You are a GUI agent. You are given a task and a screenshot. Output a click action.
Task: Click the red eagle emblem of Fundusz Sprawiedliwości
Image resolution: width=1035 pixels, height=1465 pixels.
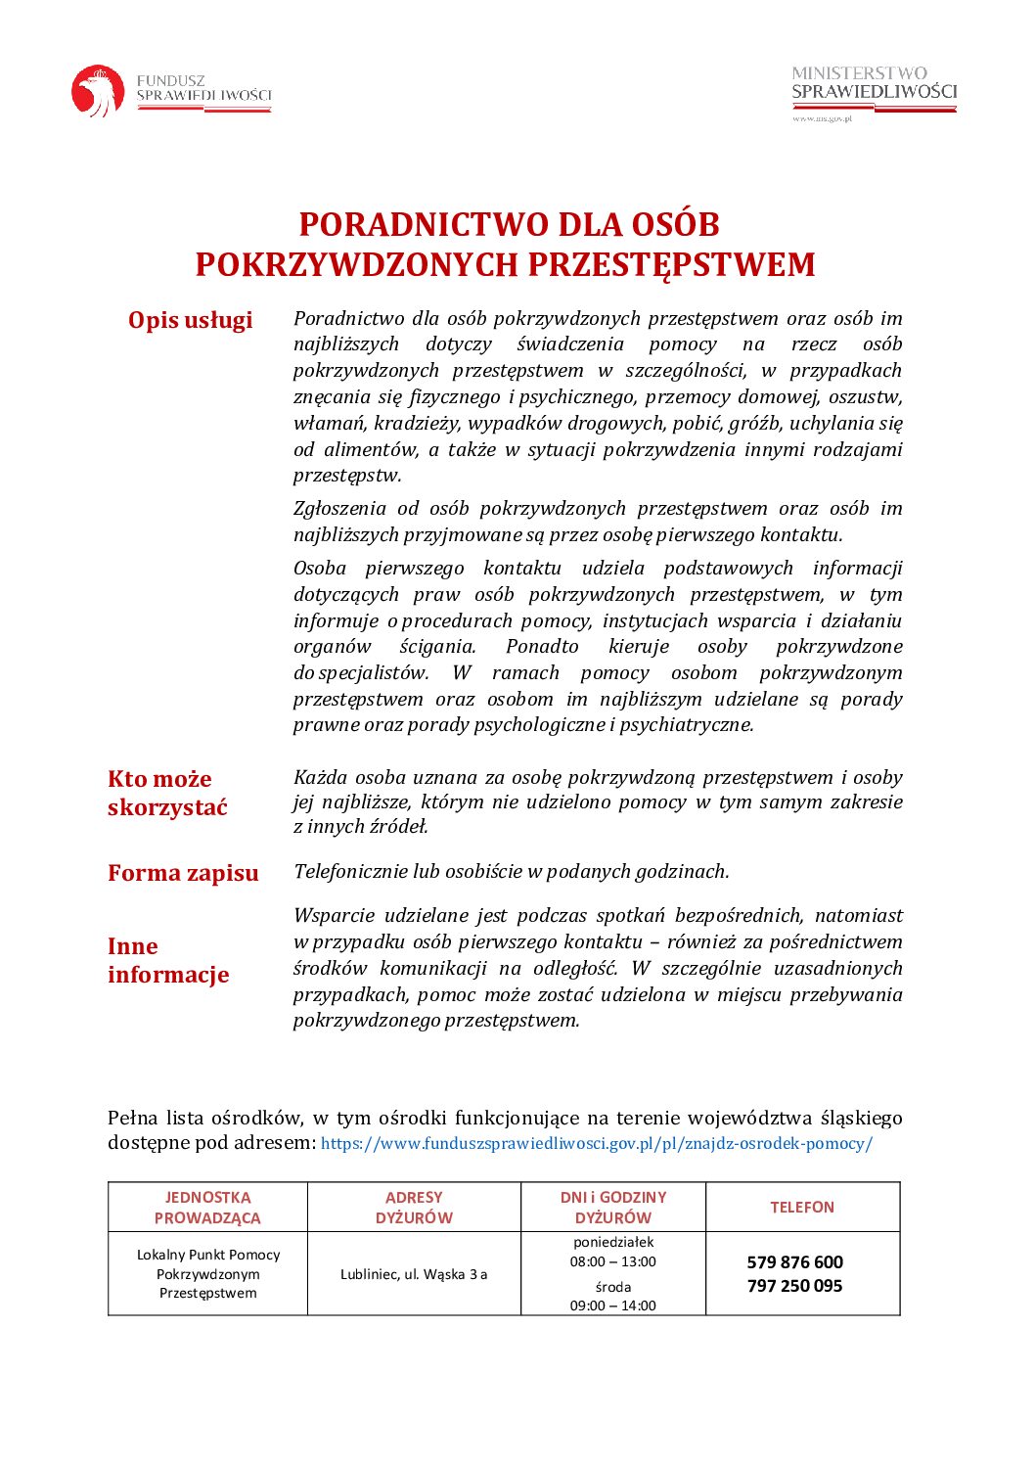point(98,91)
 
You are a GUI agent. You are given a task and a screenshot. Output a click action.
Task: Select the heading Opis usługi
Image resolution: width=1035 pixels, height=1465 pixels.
point(190,320)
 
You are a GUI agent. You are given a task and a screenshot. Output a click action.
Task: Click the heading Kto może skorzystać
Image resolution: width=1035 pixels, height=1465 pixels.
point(167,793)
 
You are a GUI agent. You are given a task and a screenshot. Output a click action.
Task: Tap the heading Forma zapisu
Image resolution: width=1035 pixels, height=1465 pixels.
point(183,873)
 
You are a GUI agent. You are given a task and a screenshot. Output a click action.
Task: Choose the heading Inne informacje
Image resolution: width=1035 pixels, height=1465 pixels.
point(167,960)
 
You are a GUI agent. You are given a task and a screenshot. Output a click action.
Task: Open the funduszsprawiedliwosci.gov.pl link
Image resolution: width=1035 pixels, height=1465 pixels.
point(596,1143)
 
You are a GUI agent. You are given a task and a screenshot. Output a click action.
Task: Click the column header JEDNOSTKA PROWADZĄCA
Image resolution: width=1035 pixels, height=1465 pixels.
point(207,1208)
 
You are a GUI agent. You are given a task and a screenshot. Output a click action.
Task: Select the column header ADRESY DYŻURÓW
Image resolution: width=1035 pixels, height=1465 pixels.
point(414,1208)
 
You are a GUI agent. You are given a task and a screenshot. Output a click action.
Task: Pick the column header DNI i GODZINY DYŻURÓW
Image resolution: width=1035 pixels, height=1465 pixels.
point(613,1208)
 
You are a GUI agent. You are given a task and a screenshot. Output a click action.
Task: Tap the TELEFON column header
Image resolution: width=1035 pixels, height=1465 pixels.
point(802,1208)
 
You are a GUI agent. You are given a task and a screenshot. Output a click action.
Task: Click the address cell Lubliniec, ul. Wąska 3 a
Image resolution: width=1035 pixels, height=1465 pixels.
point(414,1274)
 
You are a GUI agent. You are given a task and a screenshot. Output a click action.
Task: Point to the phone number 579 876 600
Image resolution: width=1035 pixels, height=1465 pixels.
point(794,1262)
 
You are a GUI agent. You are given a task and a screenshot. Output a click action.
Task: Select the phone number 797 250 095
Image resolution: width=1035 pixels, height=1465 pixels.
point(794,1286)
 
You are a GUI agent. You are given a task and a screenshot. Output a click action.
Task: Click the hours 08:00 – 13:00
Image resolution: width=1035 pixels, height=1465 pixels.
point(613,1261)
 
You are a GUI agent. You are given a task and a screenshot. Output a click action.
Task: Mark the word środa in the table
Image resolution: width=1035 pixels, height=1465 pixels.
point(613,1287)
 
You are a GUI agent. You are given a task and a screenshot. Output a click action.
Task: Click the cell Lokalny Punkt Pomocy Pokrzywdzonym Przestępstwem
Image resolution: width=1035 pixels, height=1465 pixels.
point(207,1274)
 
